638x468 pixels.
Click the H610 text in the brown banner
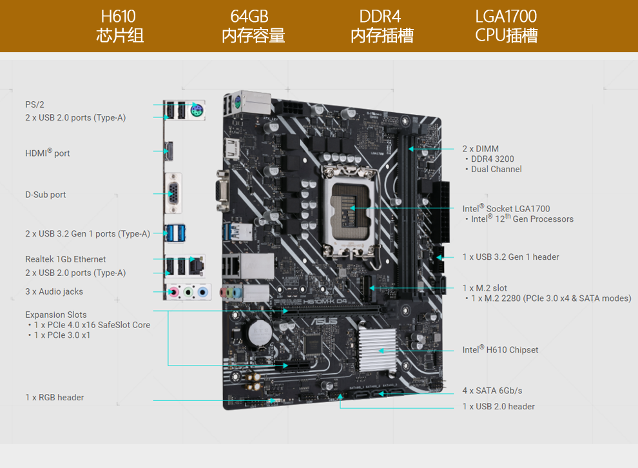(119, 16)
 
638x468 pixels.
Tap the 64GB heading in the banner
(249, 16)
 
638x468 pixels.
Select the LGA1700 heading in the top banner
(506, 16)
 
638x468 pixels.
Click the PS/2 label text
(35, 104)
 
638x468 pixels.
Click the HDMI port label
(48, 153)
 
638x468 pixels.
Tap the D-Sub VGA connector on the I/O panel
(173, 193)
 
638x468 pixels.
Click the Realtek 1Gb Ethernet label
(66, 259)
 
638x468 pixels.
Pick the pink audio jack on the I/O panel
(173, 292)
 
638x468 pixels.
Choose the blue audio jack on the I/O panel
(202, 292)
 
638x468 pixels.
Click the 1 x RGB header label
(55, 398)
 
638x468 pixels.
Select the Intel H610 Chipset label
(500, 350)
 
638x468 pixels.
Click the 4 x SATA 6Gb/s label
(492, 391)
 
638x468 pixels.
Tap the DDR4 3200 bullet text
(492, 159)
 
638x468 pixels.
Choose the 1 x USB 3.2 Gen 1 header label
(510, 257)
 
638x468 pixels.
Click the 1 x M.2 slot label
(485, 288)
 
